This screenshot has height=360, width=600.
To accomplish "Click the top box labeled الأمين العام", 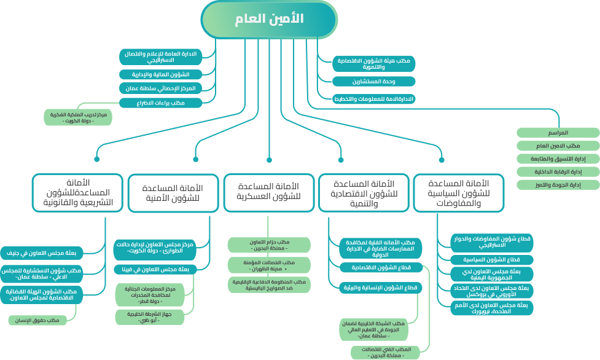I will click(269, 19).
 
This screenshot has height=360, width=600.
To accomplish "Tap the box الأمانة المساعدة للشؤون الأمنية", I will click(173, 193).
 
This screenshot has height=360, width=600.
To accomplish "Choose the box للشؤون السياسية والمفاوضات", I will click(459, 193).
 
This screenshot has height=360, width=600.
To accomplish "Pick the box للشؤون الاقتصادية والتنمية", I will click(364, 193).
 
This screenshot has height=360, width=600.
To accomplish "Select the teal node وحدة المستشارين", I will click(373, 81).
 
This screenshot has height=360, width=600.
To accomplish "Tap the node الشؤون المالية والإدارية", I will click(160, 74).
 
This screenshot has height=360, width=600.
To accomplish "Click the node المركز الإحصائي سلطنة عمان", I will click(160, 88).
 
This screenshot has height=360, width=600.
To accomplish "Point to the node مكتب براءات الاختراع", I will click(160, 103).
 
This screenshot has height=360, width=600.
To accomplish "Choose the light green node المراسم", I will click(558, 133).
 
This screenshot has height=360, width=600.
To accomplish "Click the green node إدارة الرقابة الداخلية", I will click(558, 171).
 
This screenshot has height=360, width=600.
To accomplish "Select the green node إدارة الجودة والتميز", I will click(558, 184).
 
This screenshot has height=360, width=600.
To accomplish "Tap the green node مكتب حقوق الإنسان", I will click(42, 320).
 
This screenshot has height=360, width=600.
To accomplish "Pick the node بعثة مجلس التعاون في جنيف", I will click(45, 252).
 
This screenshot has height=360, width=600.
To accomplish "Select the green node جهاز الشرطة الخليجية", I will click(146, 316).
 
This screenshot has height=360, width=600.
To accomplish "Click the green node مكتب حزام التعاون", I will click(268, 245).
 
